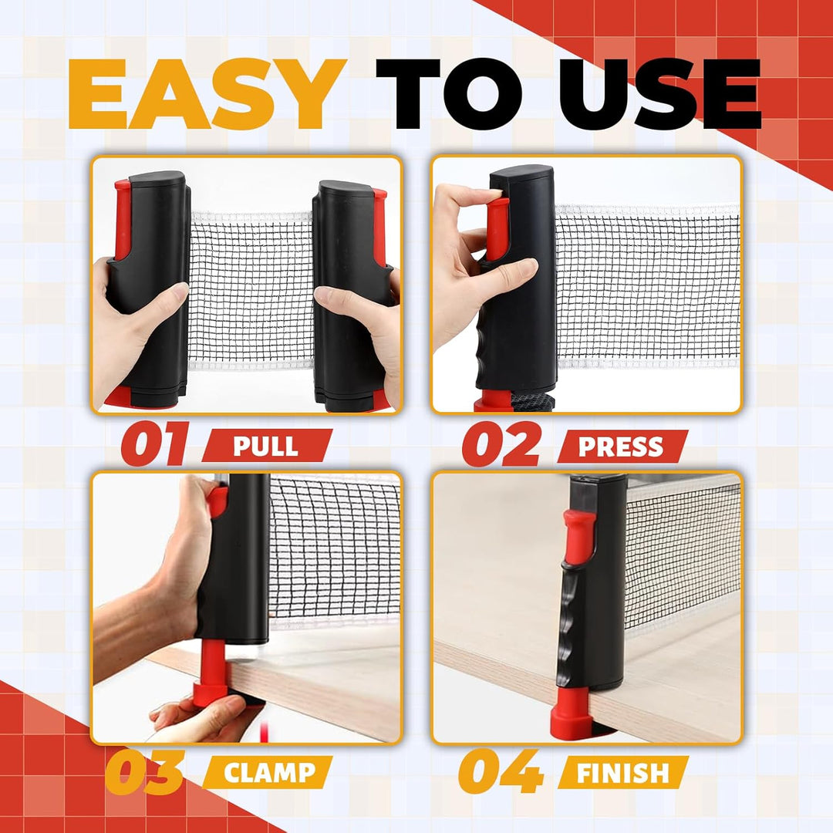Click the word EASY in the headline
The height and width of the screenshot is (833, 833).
point(207,94)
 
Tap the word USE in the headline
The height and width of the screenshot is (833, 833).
point(659,94)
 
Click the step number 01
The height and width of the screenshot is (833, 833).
point(154,444)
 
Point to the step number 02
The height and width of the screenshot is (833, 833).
point(502,444)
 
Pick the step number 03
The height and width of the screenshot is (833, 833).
point(144,771)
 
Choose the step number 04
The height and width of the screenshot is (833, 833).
point(501,771)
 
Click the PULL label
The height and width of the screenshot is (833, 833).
point(265,447)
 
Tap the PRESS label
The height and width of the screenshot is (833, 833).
point(621,447)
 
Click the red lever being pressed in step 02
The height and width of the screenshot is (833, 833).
point(498,228)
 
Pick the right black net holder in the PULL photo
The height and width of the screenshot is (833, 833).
point(351,295)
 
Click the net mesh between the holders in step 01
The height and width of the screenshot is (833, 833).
point(251,289)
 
